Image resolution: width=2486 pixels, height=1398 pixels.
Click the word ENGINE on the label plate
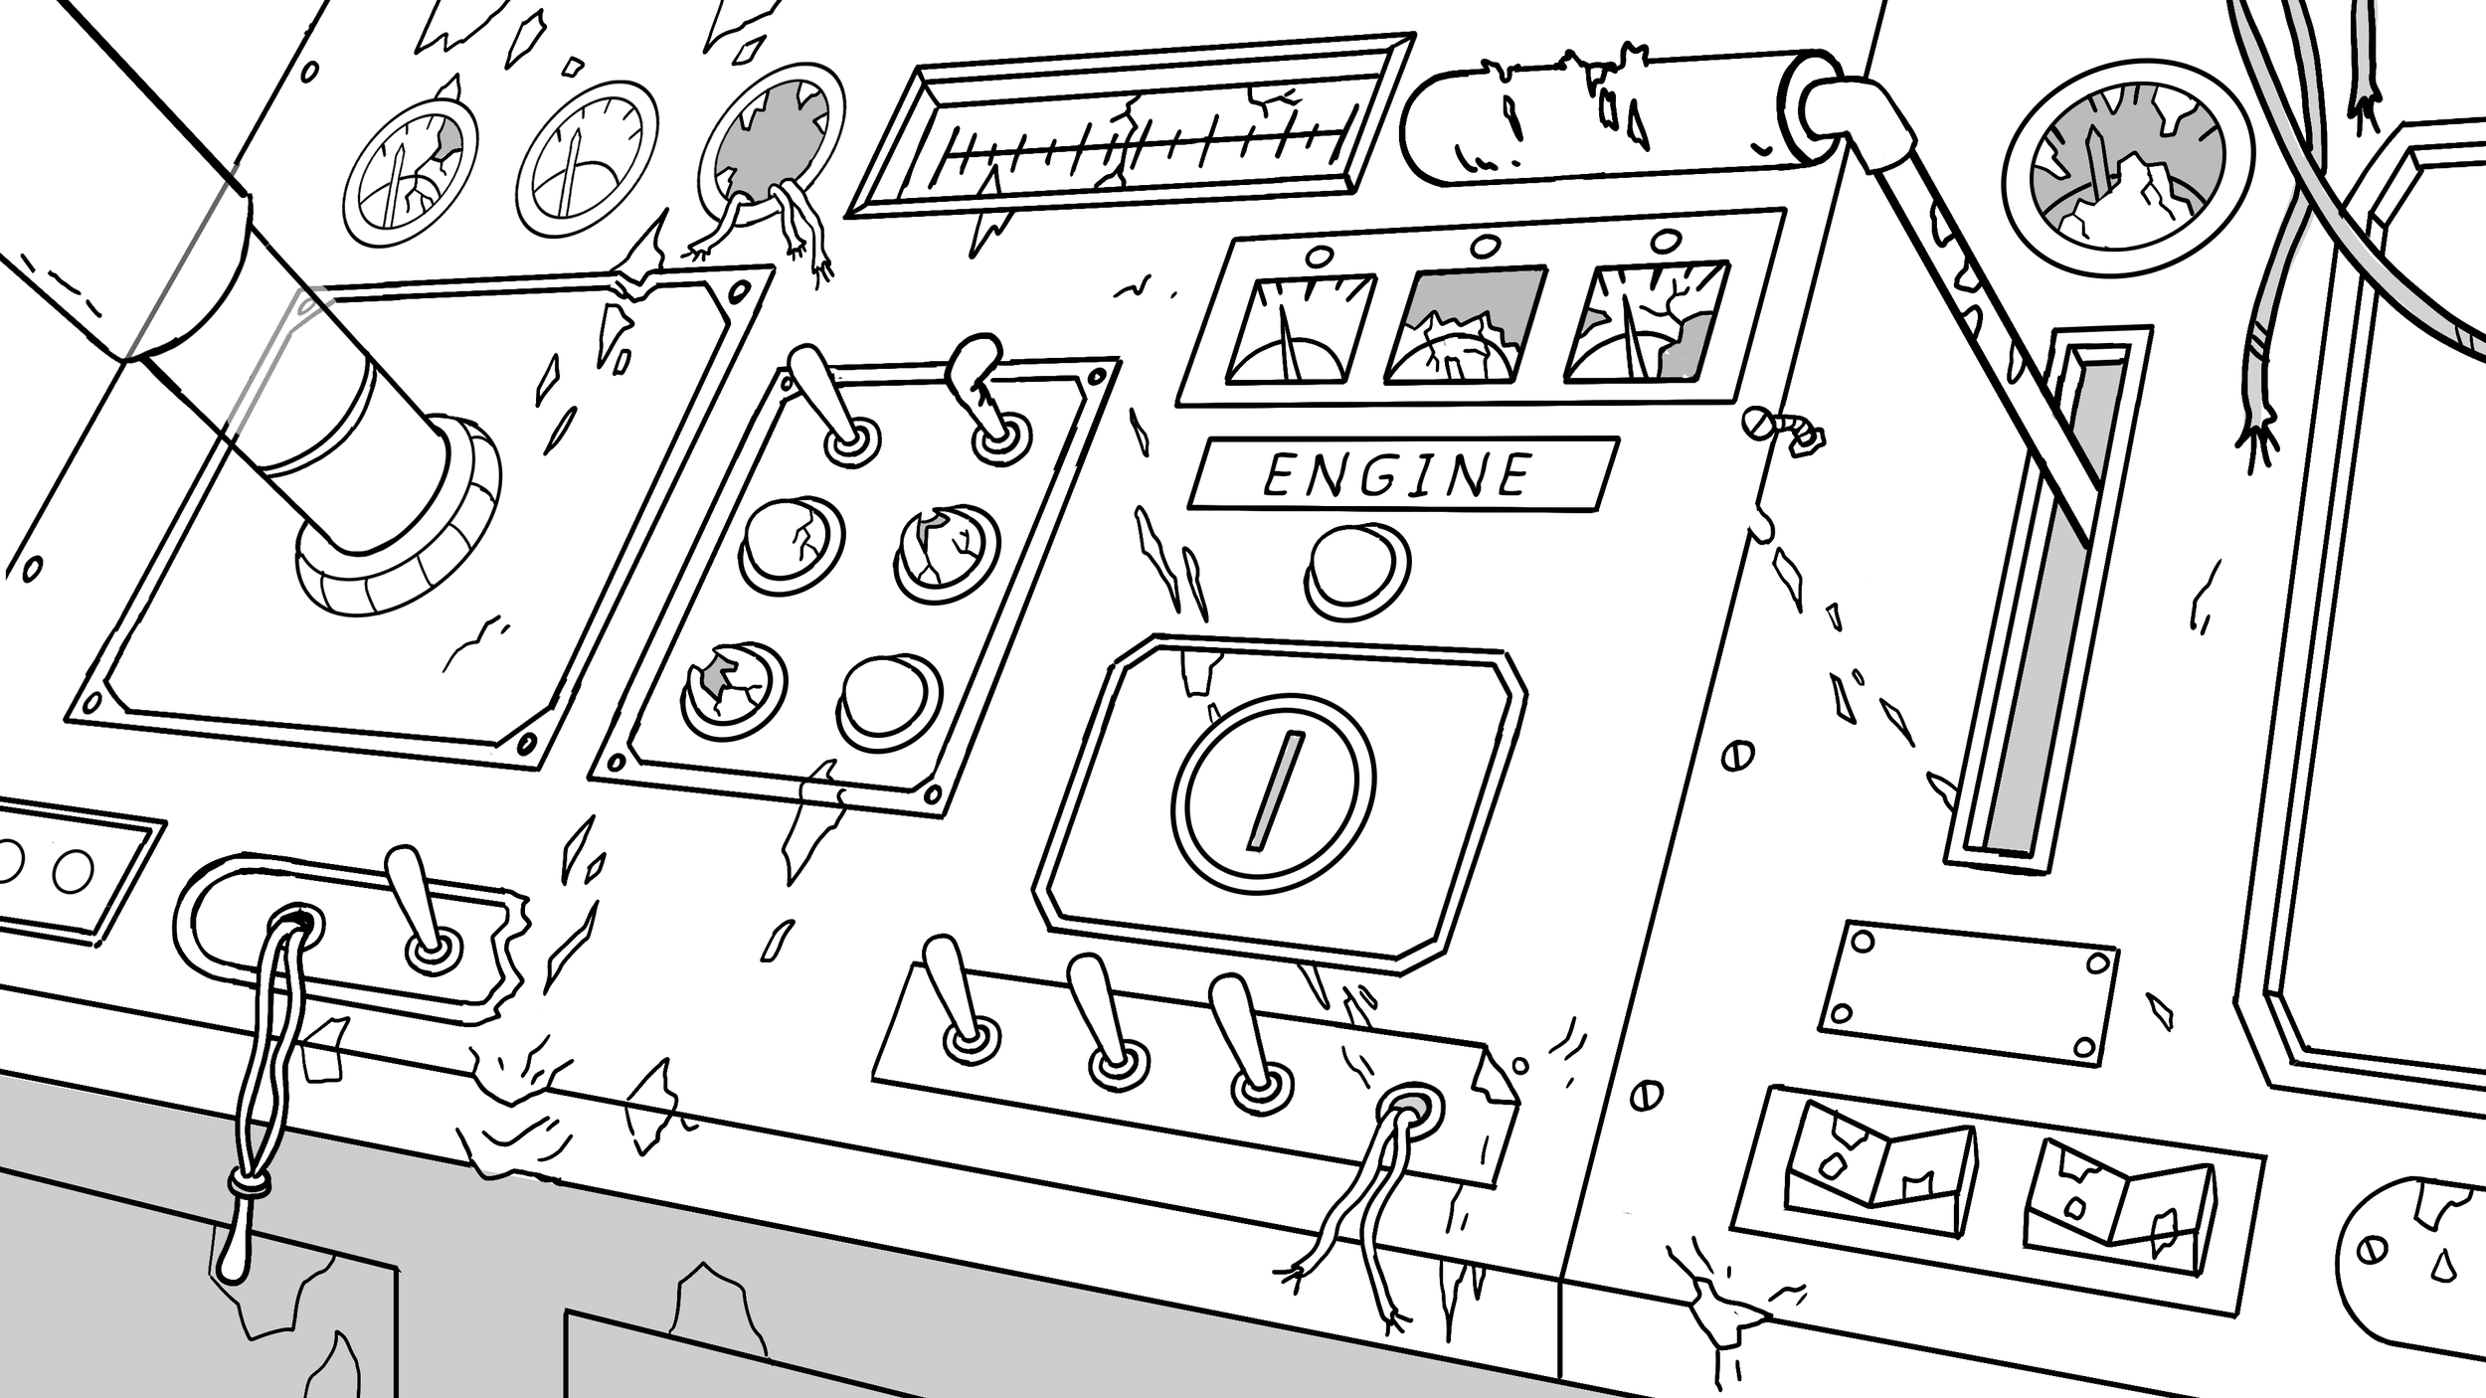[1397, 474]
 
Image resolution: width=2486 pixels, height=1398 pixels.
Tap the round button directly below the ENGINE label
[1356, 571]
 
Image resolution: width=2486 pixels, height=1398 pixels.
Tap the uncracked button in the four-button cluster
[890, 701]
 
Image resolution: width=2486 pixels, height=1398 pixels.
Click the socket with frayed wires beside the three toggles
[1407, 1109]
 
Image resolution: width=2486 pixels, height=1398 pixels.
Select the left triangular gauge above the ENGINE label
[1298, 329]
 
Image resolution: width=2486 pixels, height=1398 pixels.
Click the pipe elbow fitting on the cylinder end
[1850, 124]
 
